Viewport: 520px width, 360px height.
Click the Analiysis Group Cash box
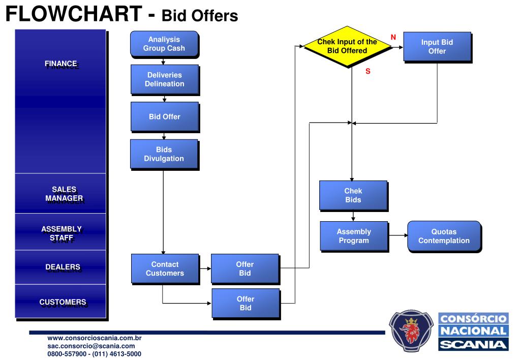pos(164,44)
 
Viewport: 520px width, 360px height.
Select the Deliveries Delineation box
pos(164,79)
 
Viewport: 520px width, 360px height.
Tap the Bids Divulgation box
pos(164,154)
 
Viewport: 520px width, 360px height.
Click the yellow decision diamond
pos(347,46)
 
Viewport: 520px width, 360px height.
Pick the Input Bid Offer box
pos(437,47)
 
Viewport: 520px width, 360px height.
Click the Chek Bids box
pos(353,195)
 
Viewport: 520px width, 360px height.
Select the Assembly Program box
pos(354,236)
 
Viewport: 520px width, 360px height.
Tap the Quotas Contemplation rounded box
pos(444,236)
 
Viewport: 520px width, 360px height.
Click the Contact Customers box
pos(165,268)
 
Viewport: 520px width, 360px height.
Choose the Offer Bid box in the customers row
pos(246,304)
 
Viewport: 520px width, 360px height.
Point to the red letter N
pos(393,37)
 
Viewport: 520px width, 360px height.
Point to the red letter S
pos(368,72)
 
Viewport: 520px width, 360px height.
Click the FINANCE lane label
pos(60,64)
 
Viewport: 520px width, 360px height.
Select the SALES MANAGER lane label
pos(64,194)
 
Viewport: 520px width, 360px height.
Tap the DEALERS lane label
pos(63,267)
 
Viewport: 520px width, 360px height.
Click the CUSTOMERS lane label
pos(63,302)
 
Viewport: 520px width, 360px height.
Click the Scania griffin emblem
pos(412,331)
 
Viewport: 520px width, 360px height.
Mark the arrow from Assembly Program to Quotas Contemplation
pos(397,236)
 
